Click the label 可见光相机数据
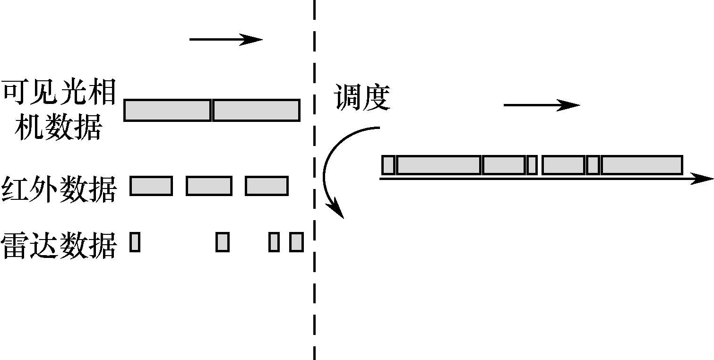pos(59,110)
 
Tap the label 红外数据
pos(59,189)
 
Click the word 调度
pos(361,98)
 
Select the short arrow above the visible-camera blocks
pos(225,40)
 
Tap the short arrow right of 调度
pos(541,105)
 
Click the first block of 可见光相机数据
pos(167,110)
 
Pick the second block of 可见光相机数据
pos(256,110)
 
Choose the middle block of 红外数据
pos(209,186)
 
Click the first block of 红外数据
pos(151,186)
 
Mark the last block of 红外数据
pos(267,186)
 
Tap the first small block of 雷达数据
pos(135,242)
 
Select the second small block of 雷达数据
pos(223,242)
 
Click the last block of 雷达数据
pos(296,242)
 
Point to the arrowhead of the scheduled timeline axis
pos(704,179)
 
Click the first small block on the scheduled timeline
pos(388,165)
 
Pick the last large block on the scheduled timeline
pos(642,165)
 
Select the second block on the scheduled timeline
pos(439,165)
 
